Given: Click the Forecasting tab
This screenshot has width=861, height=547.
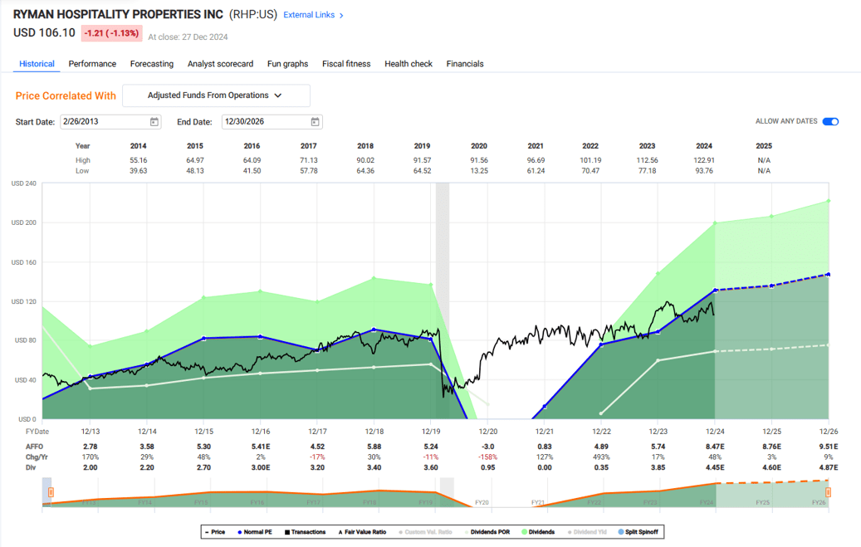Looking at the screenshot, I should pyautogui.click(x=151, y=64).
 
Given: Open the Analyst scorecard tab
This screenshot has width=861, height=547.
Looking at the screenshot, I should pyautogui.click(x=220, y=64).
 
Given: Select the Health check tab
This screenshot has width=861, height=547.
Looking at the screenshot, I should pyautogui.click(x=408, y=64).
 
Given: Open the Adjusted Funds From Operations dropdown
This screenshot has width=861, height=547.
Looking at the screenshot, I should pyautogui.click(x=216, y=95).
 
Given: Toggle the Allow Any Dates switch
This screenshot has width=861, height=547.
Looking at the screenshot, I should pyautogui.click(x=830, y=122).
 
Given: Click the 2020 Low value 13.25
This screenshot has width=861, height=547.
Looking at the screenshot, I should pyautogui.click(x=479, y=171).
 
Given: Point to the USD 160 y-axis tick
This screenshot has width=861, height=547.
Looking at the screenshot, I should pyautogui.click(x=24, y=262).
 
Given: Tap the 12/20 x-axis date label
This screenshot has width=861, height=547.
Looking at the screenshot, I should pyautogui.click(x=487, y=432).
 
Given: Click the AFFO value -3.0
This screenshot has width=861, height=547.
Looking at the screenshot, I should pyautogui.click(x=487, y=447).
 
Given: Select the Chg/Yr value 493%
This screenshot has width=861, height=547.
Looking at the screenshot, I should pyautogui.click(x=601, y=457).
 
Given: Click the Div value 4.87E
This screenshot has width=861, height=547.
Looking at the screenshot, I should pyautogui.click(x=828, y=468).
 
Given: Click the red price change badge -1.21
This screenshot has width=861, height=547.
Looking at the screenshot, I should pyautogui.click(x=111, y=33).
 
